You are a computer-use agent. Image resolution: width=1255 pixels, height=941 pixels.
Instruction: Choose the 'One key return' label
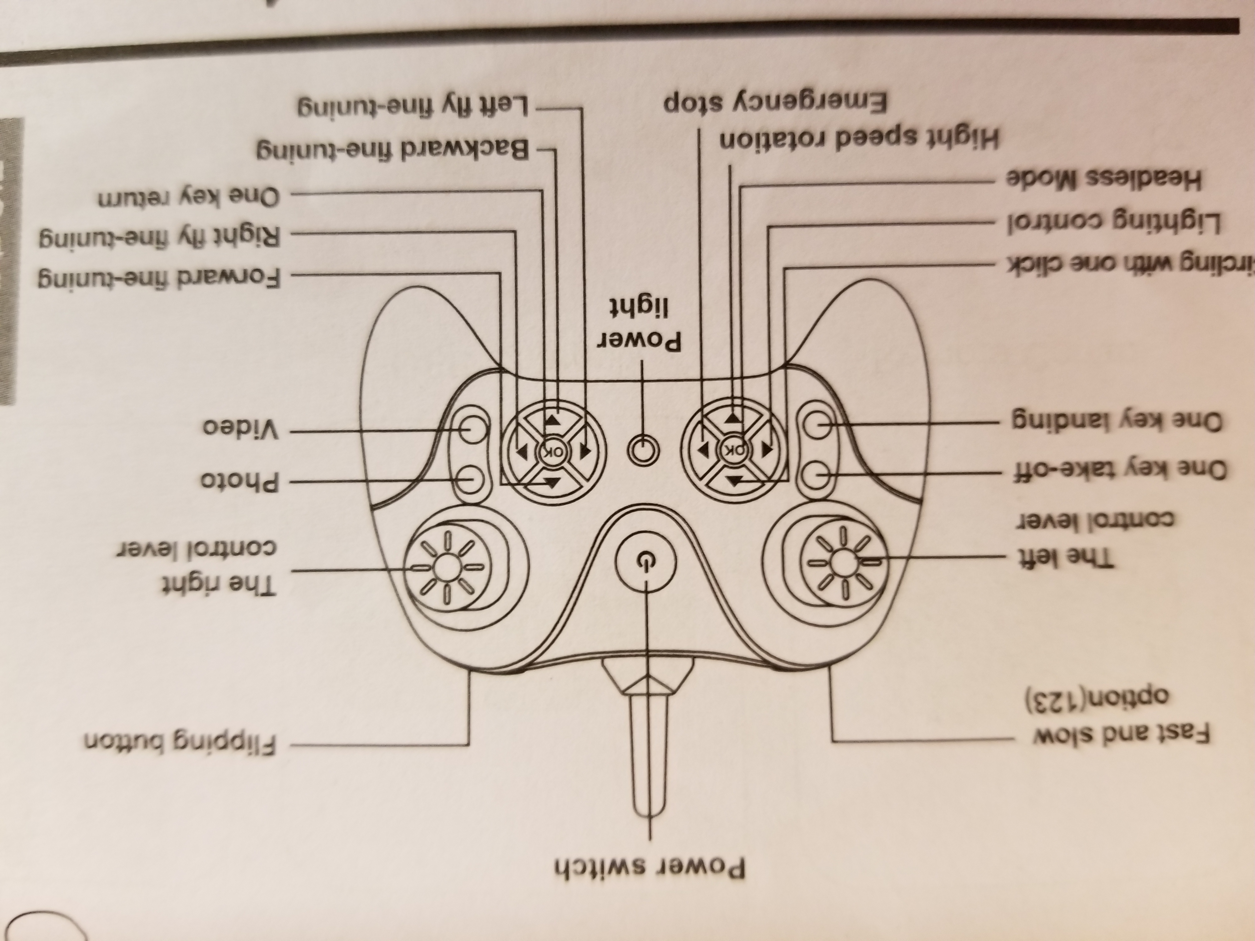pos(188,197)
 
